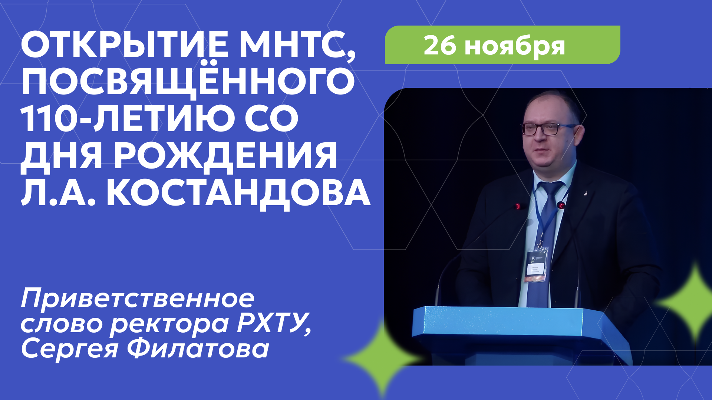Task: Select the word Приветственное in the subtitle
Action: (138, 299)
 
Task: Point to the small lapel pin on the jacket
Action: (585, 193)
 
